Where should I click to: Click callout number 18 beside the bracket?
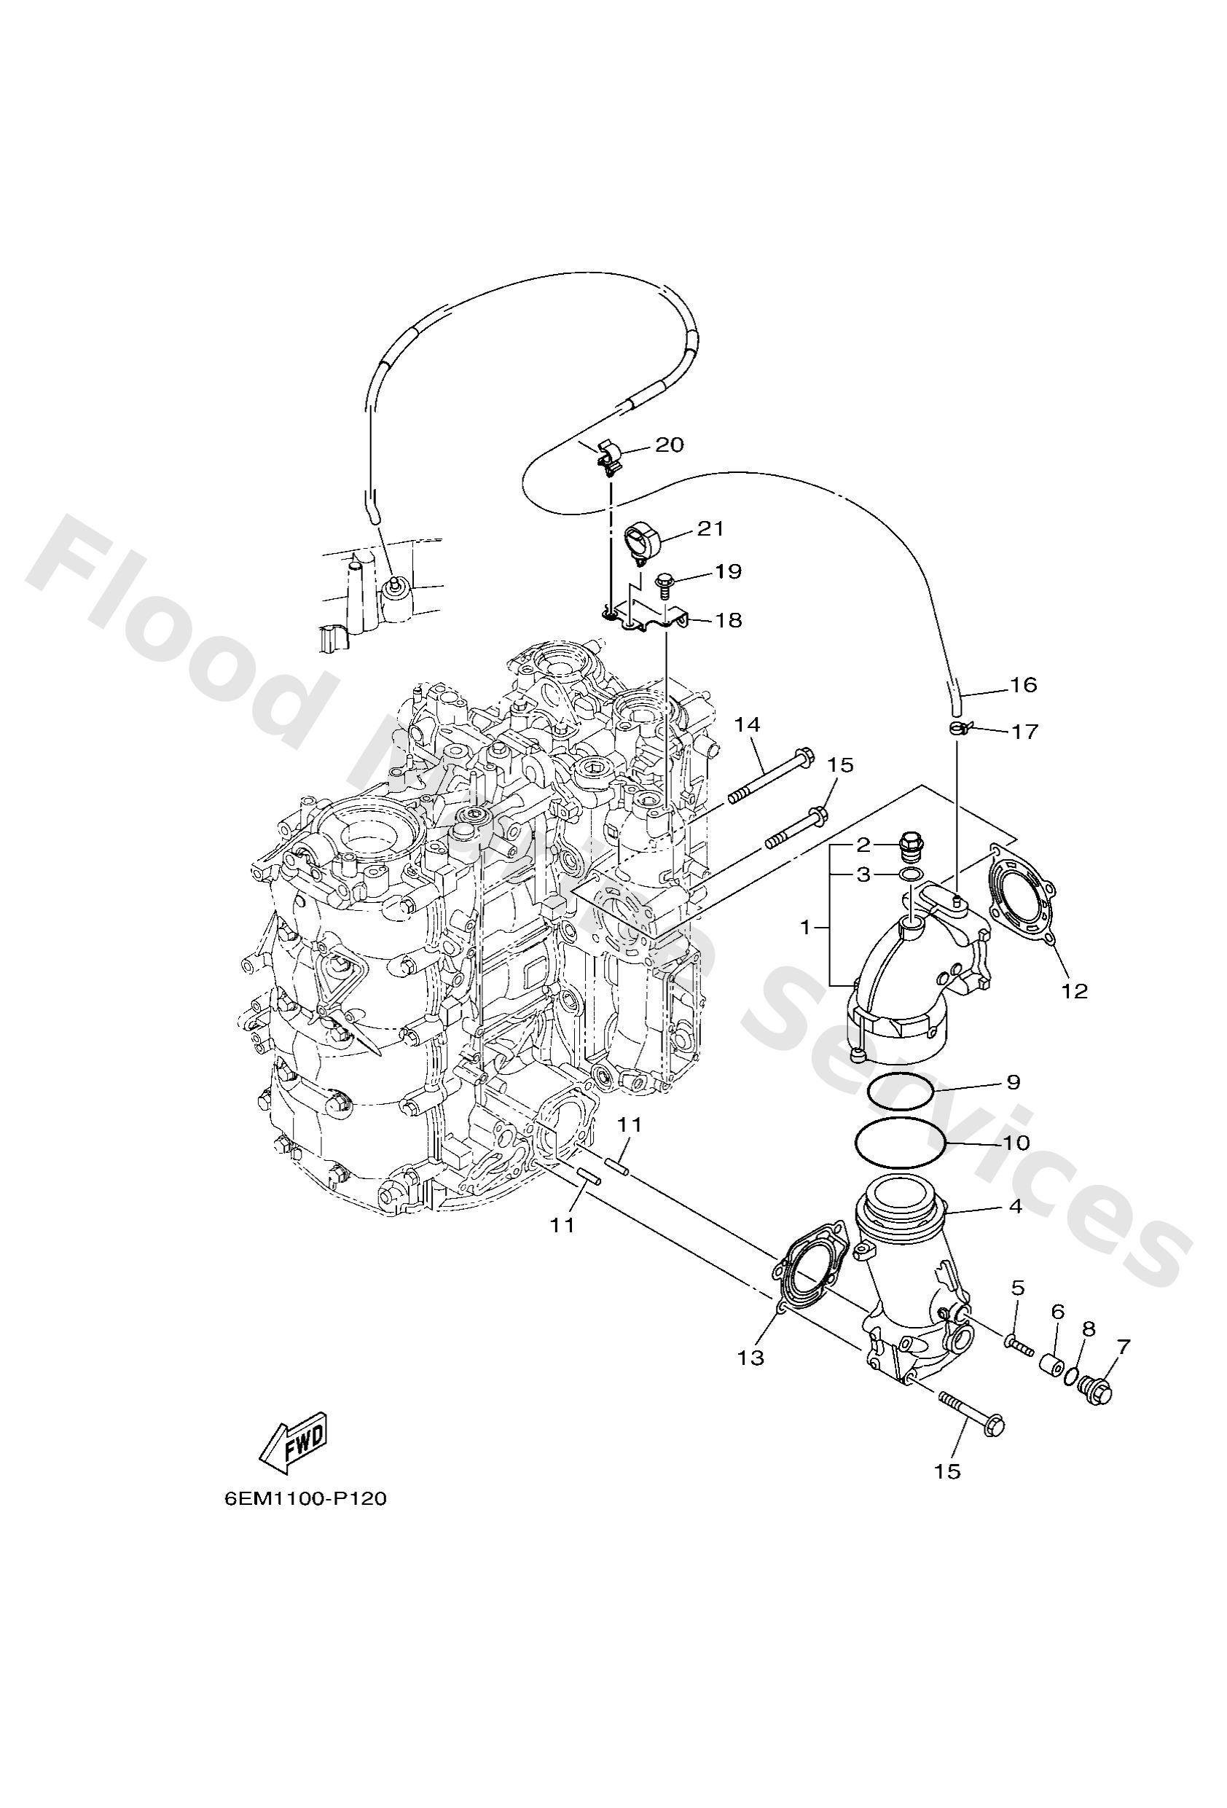pos(729,620)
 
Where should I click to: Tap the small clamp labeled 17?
pos(960,728)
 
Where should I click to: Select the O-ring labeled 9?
pos(901,1091)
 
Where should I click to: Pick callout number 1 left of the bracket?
pos(807,928)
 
